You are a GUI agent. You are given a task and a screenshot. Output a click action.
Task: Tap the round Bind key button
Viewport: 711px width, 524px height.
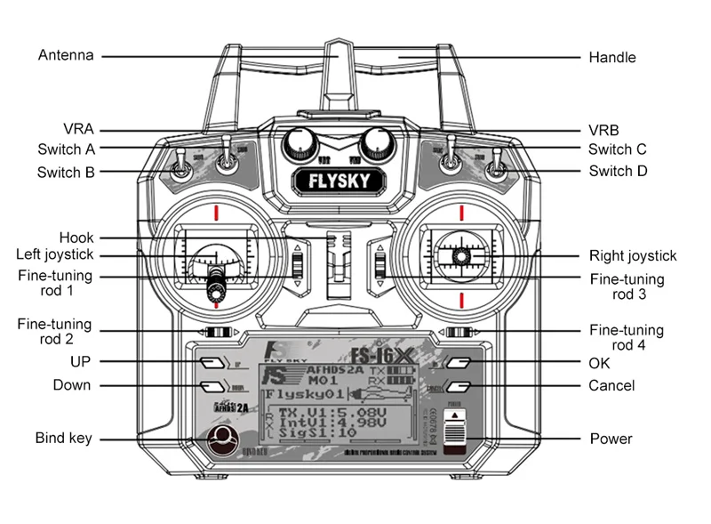[222, 438]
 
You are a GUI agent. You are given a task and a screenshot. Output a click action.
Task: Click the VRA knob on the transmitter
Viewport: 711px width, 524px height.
[301, 142]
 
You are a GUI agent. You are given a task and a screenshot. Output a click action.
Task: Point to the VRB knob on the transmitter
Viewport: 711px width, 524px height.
[377, 142]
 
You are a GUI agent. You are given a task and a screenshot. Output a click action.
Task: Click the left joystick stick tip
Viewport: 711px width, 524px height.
[215, 286]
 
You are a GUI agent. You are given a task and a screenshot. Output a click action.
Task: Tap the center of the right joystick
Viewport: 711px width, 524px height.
[461, 256]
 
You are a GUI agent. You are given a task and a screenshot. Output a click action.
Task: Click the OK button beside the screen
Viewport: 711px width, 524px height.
[458, 363]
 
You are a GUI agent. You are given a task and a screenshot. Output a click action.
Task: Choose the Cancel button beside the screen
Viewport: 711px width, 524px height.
[458, 386]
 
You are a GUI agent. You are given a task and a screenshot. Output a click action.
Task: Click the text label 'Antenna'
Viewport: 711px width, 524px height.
[65, 55]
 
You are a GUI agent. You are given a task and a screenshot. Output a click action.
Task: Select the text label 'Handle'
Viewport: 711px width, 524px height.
[612, 58]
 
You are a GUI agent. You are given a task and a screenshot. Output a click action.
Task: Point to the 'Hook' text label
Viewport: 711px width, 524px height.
[76, 238]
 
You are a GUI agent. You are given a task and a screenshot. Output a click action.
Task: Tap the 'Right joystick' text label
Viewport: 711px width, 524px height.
[633, 256]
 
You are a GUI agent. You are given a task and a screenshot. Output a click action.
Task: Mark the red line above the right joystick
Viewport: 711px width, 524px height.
[461, 212]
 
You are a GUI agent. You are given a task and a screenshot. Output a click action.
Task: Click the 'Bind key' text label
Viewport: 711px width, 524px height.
[63, 438]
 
